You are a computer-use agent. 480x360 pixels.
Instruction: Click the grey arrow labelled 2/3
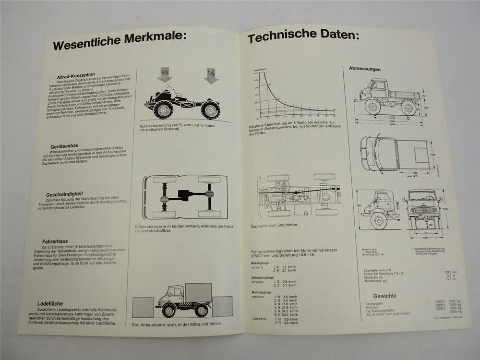tap(164, 76)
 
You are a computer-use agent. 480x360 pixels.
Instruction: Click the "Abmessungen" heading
tap(364, 69)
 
